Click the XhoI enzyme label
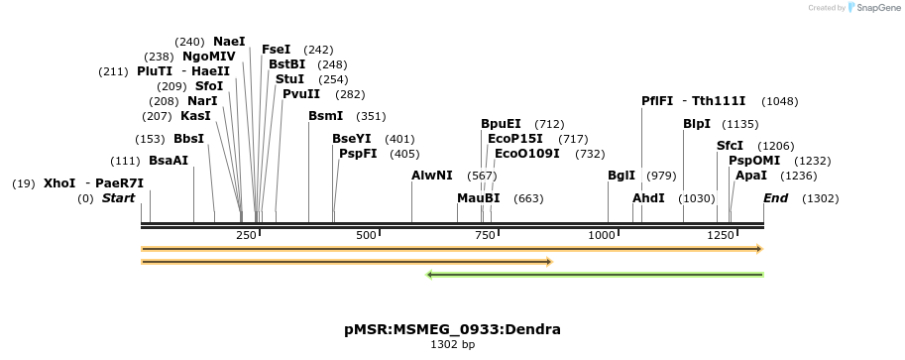coord(59,183)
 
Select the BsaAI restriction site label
coord(168,160)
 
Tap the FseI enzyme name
coord(276,50)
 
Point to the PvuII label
coord(301,94)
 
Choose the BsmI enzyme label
coord(325,116)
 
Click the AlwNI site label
coord(431,176)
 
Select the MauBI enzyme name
coord(478,198)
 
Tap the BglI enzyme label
coord(622,176)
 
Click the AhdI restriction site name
coord(648,198)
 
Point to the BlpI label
coord(697,124)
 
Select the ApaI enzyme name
coord(751,176)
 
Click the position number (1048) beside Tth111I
coord(779,101)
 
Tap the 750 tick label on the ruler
coord(484,235)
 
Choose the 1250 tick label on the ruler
coord(720,235)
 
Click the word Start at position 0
coord(118,198)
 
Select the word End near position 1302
coord(775,198)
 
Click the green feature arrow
coord(595,275)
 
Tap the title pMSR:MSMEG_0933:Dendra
coord(452,329)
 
